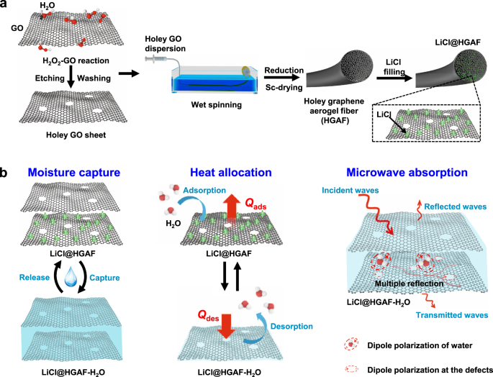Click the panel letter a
6,6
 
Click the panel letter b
6,174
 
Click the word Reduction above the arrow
284,70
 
